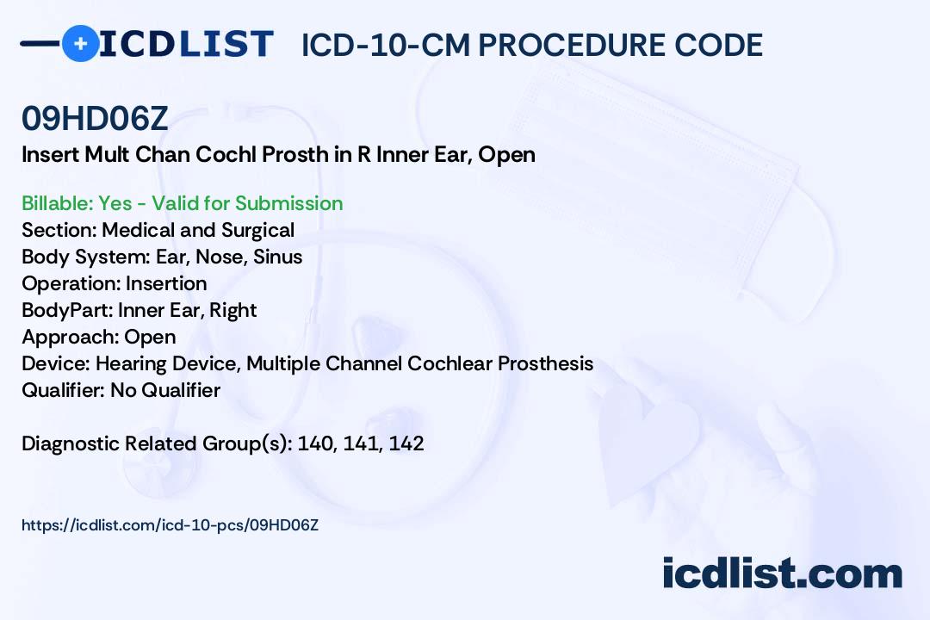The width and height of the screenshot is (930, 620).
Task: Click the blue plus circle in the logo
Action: (80, 43)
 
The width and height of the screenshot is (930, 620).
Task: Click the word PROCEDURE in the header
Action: (571, 45)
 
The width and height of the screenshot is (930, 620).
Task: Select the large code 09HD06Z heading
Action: (95, 119)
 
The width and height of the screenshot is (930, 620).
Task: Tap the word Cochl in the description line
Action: (226, 154)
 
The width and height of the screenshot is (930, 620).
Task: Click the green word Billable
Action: (57, 203)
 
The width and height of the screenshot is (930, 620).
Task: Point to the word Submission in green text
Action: (288, 203)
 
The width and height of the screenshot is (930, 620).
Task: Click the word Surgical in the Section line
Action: (258, 231)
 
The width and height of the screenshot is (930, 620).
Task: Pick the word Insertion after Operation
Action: (166, 283)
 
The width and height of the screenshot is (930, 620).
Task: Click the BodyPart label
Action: (67, 310)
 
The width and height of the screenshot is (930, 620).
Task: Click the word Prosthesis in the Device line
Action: (545, 363)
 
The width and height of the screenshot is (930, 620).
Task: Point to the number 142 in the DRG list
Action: (406, 443)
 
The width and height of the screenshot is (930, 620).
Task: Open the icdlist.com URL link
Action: (170, 525)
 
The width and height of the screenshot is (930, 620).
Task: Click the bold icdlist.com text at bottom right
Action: (782, 573)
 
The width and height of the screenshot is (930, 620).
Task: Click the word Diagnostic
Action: (71, 443)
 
